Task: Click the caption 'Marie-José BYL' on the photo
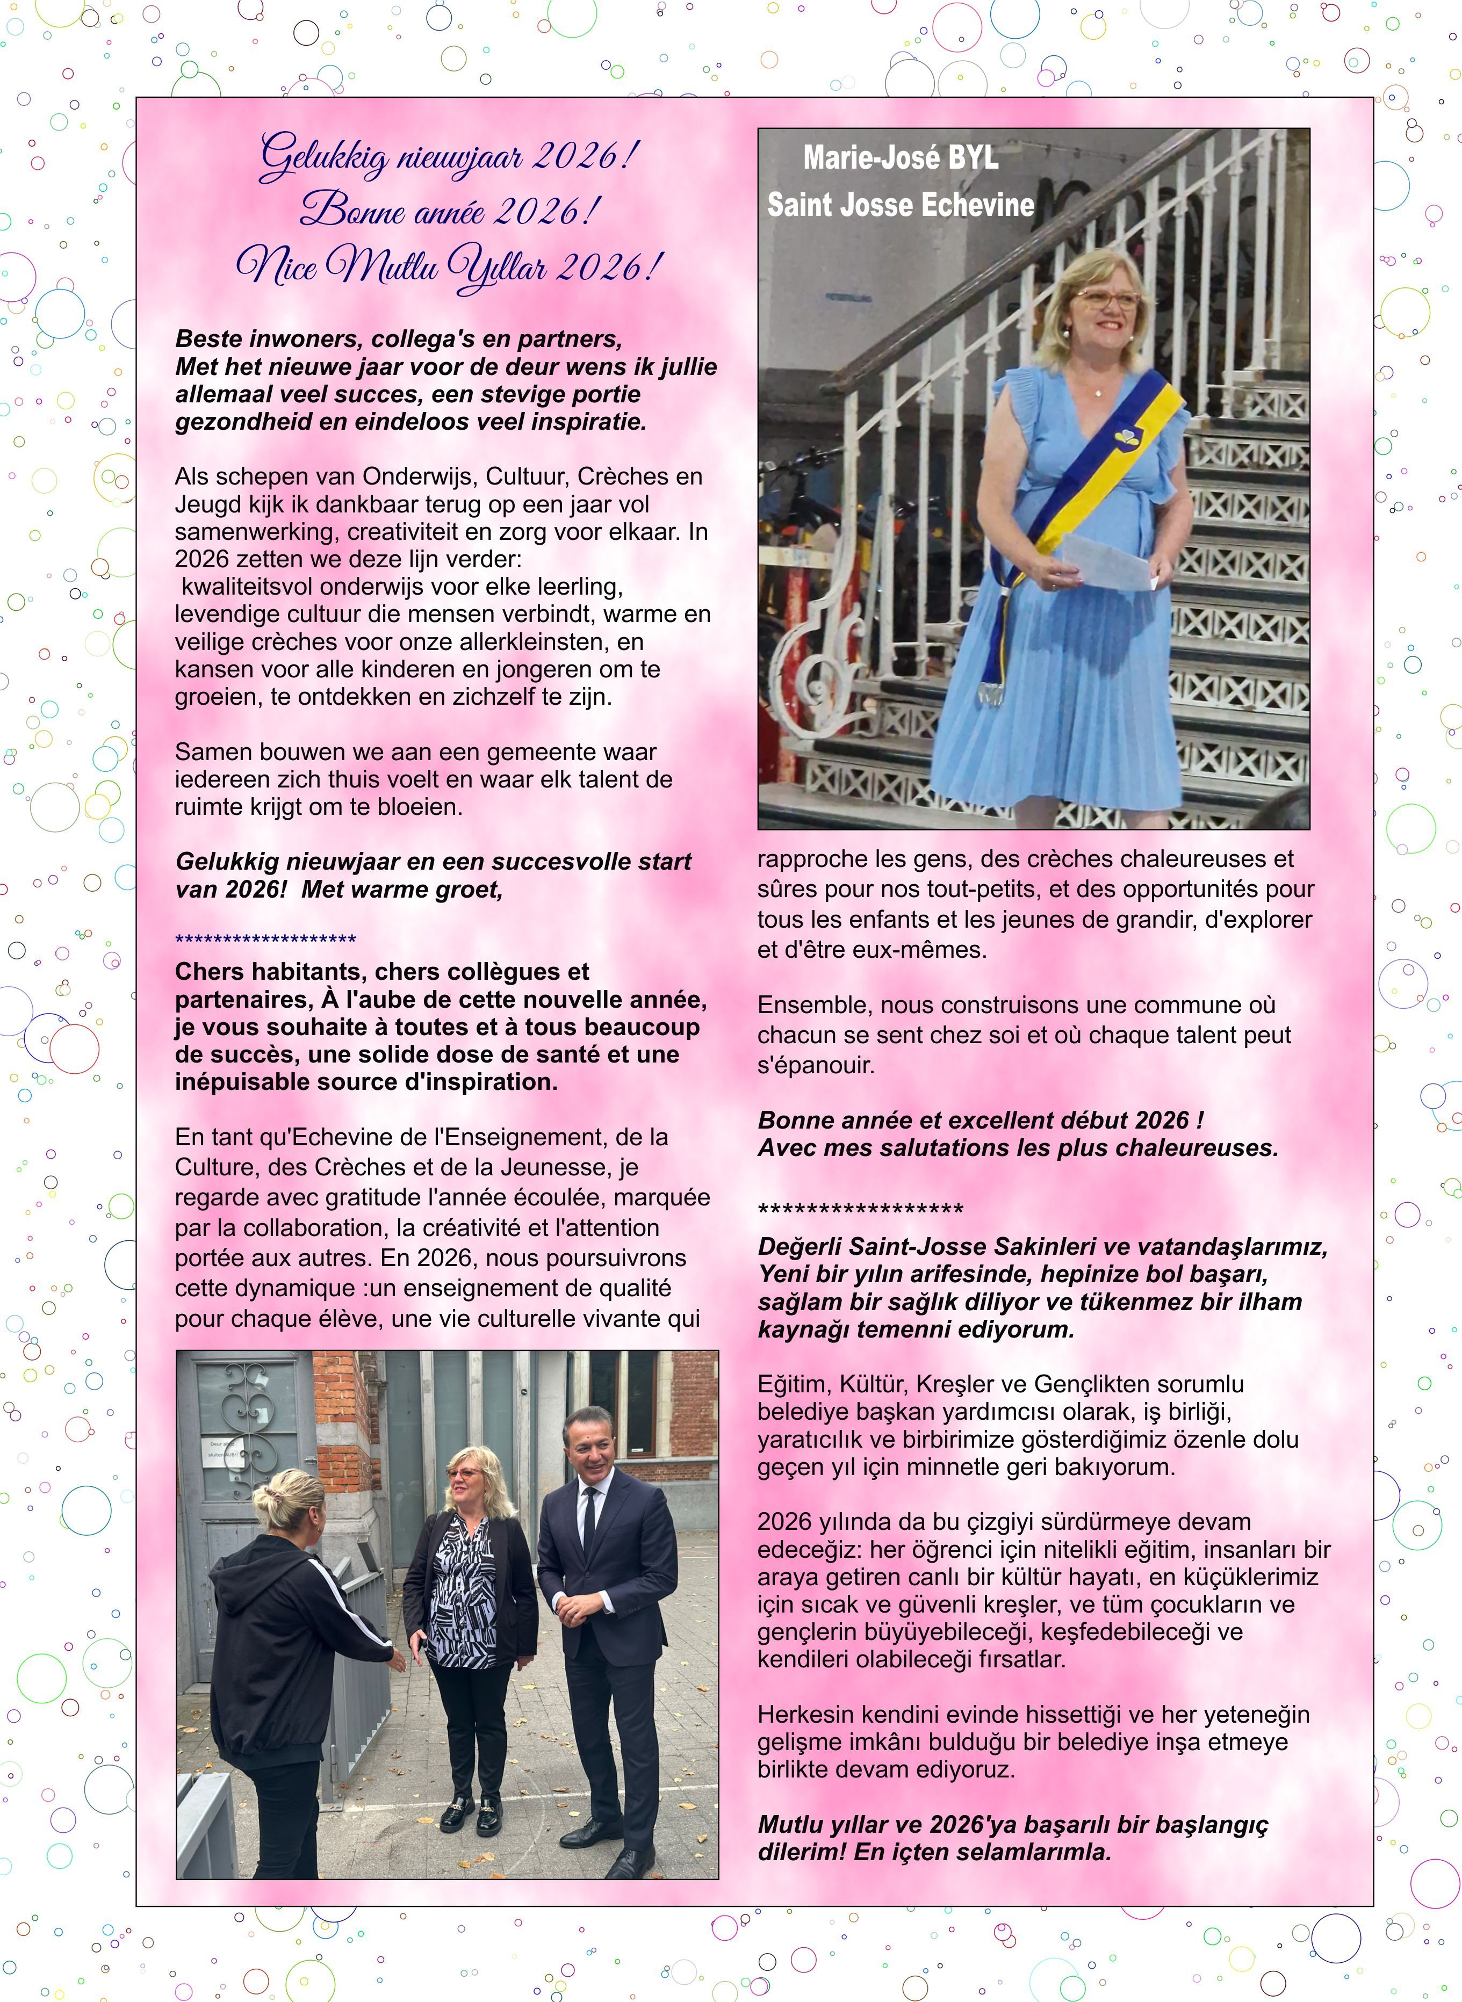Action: pyautogui.click(x=900, y=158)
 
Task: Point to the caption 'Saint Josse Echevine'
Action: pyautogui.click(x=900, y=205)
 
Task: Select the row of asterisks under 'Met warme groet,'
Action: pyautogui.click(x=265, y=939)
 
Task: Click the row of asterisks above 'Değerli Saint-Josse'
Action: pyautogui.click(x=860, y=1209)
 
